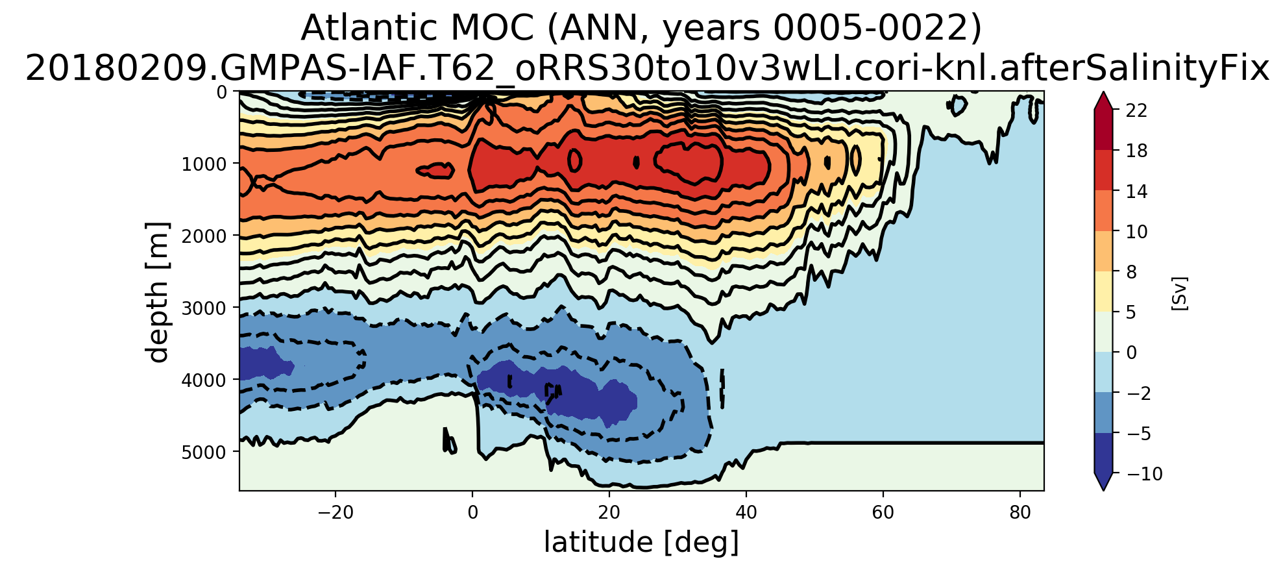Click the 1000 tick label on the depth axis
tap(204, 163)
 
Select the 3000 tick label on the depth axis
tap(204, 307)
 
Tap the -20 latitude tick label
tap(335, 512)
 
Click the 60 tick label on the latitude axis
tap(883, 512)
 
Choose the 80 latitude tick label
tap(1020, 512)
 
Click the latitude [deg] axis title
tap(641, 543)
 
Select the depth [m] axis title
tap(158, 291)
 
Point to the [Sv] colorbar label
tap(1179, 293)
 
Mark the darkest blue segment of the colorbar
tap(1103, 452)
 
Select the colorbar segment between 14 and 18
tap(1103, 171)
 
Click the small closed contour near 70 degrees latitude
tap(957, 105)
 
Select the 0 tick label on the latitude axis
tap(472, 512)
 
